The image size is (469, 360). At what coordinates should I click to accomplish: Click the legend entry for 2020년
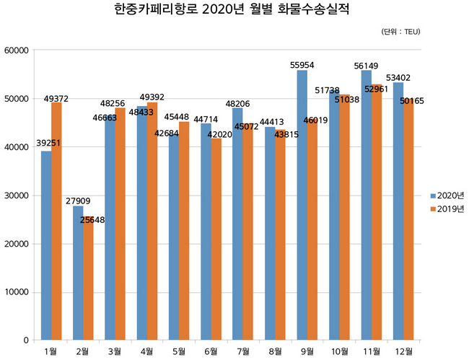coord(446,196)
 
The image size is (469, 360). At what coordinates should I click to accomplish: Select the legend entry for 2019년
coord(446,209)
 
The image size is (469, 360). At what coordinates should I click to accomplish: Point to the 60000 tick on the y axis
coord(16,51)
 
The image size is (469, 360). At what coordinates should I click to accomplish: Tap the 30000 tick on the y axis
coord(16,196)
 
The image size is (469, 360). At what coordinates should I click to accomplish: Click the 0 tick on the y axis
coord(25,341)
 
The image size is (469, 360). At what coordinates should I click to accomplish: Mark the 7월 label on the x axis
coord(243,351)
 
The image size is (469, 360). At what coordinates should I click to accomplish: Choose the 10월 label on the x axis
coord(338,351)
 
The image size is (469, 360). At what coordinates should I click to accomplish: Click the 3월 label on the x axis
coord(115,351)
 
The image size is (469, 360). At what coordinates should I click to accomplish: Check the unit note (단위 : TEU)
coord(400,32)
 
